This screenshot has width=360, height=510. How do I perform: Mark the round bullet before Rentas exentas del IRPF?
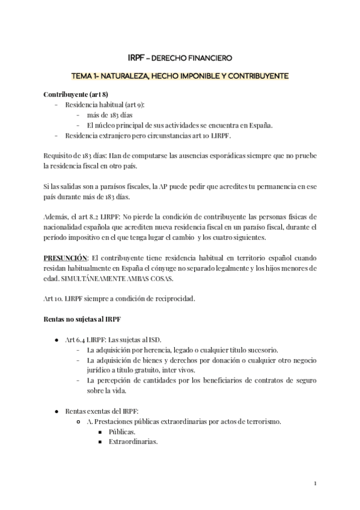coord(56,411)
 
